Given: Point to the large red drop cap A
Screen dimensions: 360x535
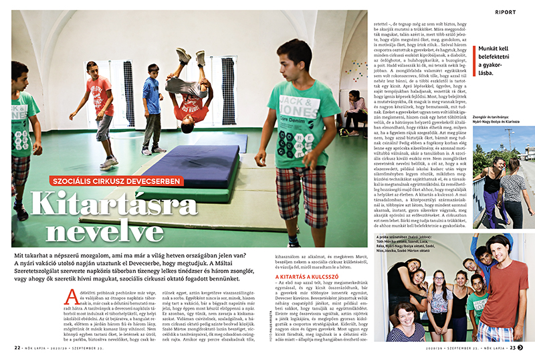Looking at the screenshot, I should point(74,296).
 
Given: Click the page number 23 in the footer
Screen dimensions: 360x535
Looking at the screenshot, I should point(513,347).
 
